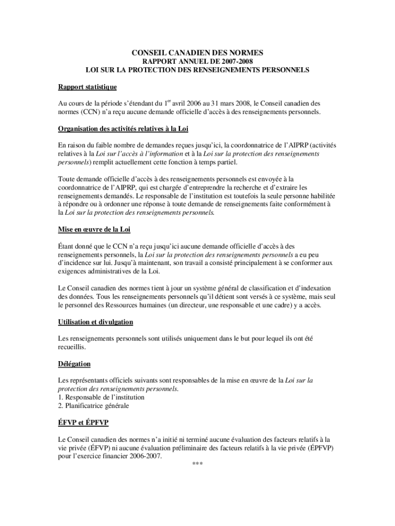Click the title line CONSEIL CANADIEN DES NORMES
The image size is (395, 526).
tap(197, 52)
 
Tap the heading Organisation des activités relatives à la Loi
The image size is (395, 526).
tap(127, 128)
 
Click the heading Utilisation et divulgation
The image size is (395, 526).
tap(95, 322)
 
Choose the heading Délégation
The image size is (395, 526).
tap(74, 364)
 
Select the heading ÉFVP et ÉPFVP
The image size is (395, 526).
tap(83, 422)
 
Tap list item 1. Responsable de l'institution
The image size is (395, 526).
tap(101, 397)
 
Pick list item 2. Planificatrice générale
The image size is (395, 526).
tap(93, 406)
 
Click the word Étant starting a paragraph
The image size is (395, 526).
tap(68, 246)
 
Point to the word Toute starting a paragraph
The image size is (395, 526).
tap(68, 179)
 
